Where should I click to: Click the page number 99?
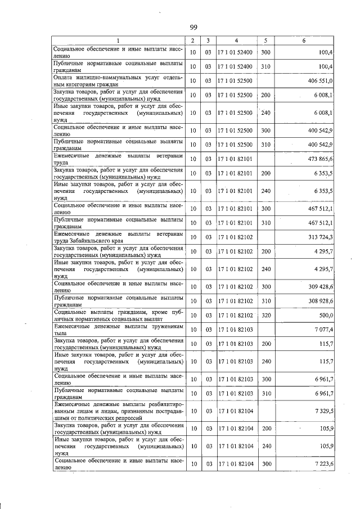(193, 28)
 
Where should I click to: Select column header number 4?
(236, 40)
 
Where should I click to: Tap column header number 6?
(304, 40)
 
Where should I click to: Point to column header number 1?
(118, 40)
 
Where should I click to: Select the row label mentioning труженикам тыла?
(118, 329)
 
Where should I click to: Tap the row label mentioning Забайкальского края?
(118, 236)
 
